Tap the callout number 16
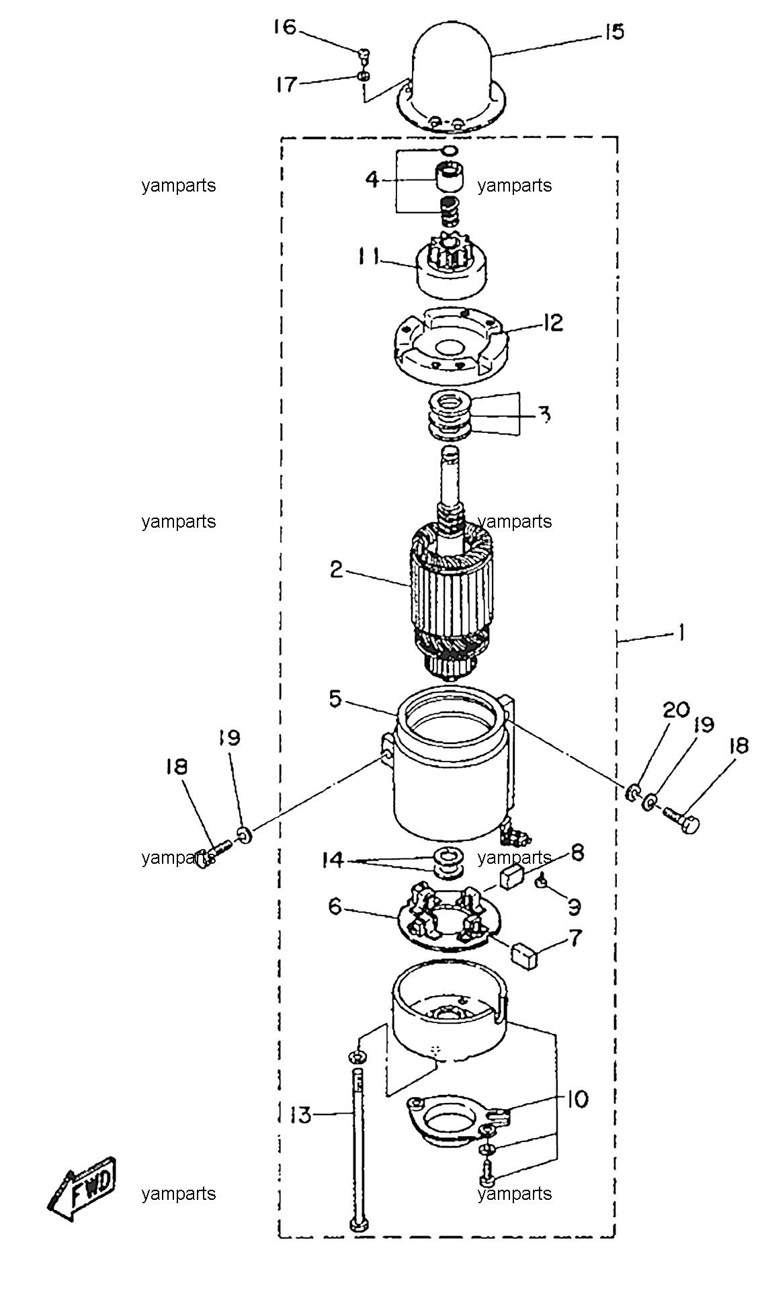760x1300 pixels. pyautogui.click(x=285, y=28)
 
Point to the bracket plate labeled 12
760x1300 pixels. pyautogui.click(x=449, y=345)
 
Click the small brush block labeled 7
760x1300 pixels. pyautogui.click(x=527, y=954)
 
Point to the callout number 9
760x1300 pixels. pyautogui.click(x=573, y=907)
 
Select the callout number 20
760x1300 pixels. pyautogui.click(x=677, y=710)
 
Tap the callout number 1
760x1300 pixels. pyautogui.click(x=681, y=633)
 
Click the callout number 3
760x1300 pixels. pyautogui.click(x=546, y=414)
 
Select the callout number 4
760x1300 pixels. pyautogui.click(x=372, y=179)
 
